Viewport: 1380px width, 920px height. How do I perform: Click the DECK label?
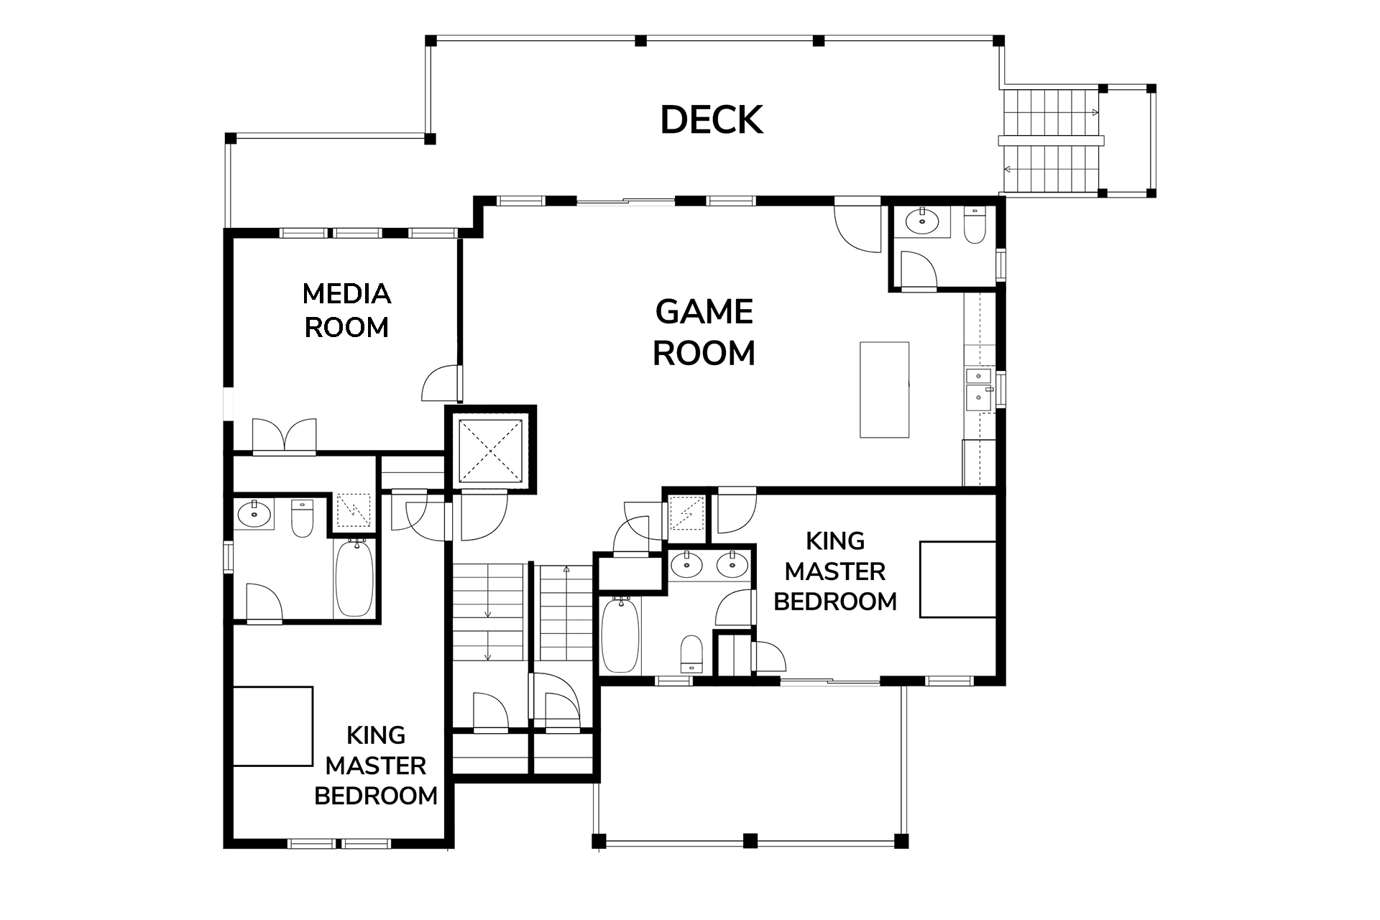pyautogui.click(x=712, y=120)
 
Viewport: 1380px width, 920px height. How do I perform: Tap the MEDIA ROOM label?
pyautogui.click(x=346, y=310)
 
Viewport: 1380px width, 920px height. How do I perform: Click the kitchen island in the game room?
pyautogui.click(x=885, y=390)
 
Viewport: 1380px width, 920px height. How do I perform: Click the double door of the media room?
pyautogui.click(x=285, y=436)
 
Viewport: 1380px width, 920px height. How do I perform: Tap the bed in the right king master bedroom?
pyautogui.click(x=958, y=579)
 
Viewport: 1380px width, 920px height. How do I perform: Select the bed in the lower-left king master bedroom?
pyautogui.click(x=273, y=727)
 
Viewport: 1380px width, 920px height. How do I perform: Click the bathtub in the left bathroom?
pyautogui.click(x=354, y=579)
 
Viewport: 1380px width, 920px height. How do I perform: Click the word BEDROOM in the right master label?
pyautogui.click(x=835, y=601)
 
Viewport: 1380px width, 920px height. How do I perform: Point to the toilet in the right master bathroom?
pyautogui.click(x=691, y=653)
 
